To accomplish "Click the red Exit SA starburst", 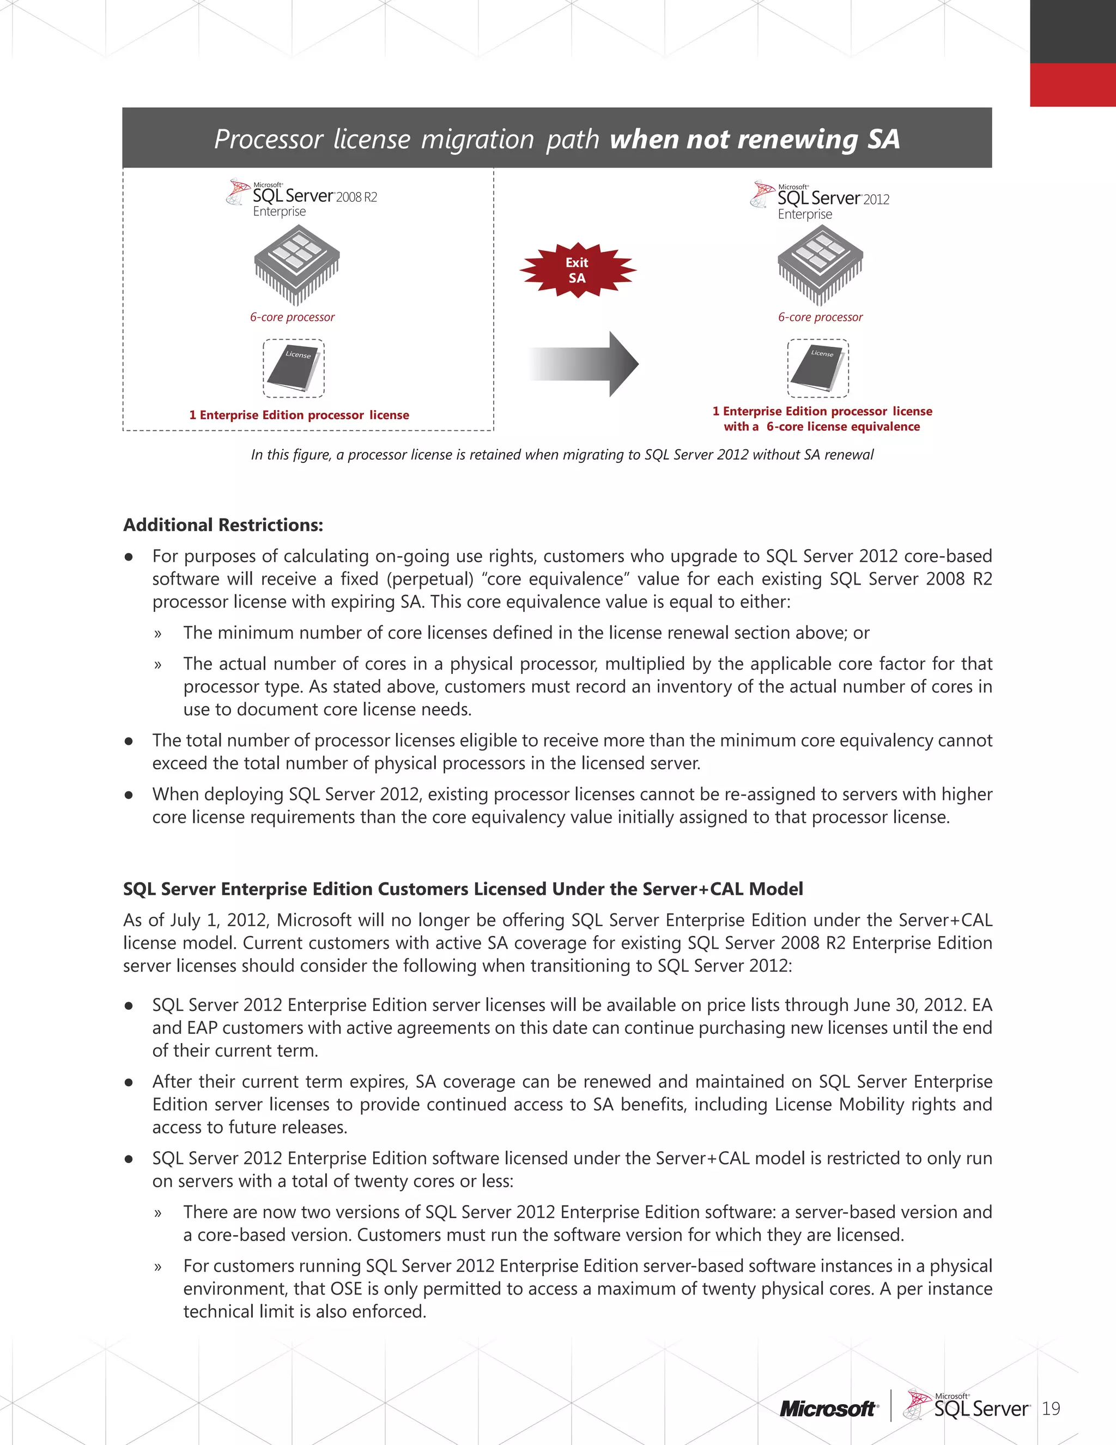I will (577, 270).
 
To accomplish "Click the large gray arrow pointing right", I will (585, 364).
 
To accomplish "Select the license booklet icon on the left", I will (294, 369).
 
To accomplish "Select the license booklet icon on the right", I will (818, 368).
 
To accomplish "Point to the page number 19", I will (1051, 1408).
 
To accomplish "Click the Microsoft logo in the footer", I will (828, 1409).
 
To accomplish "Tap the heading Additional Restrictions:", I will (223, 525).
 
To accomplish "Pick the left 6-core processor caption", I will (292, 317).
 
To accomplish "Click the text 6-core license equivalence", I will (843, 427).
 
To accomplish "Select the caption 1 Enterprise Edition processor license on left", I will (299, 415).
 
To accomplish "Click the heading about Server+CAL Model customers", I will (463, 889).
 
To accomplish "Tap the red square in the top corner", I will (1072, 85).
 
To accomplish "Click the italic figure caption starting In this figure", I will (562, 455).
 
